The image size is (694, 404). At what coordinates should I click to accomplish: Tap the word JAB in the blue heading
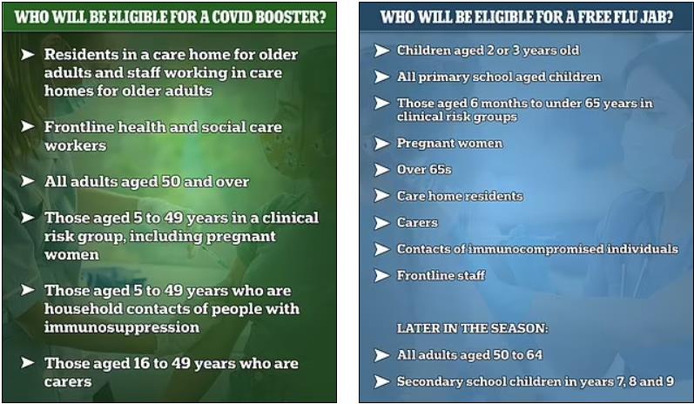tap(657, 17)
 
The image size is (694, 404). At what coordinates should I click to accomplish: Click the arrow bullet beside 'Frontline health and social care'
tap(28, 127)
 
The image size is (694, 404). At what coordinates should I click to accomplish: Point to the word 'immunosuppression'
tap(122, 327)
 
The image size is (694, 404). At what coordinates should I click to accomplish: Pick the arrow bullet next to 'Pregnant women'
tap(381, 144)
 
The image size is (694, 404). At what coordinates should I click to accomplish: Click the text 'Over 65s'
tap(424, 170)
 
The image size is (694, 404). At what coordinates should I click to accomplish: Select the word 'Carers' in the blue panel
tap(417, 222)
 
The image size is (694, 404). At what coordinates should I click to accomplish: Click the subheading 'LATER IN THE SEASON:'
tap(472, 328)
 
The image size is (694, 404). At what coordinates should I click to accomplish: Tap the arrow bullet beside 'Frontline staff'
tap(381, 276)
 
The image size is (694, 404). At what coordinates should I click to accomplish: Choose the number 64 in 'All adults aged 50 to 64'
tap(535, 355)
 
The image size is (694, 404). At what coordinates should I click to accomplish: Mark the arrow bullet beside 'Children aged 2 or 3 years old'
tap(381, 50)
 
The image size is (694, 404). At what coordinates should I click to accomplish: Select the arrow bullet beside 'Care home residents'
tap(381, 196)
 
